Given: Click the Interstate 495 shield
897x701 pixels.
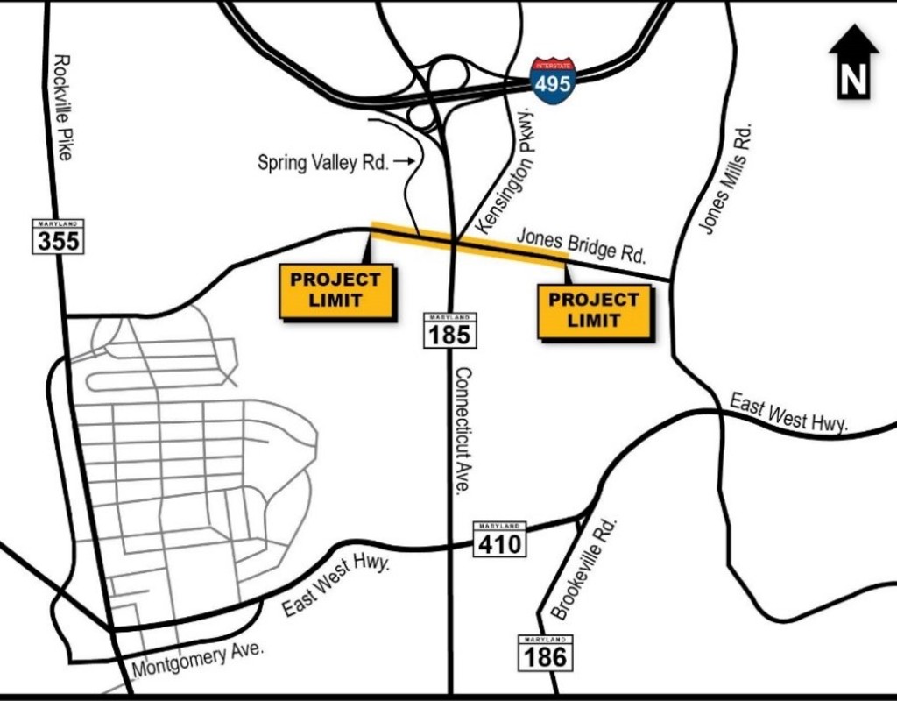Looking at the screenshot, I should tap(553, 81).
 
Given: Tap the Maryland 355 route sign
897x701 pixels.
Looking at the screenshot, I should tap(59, 237).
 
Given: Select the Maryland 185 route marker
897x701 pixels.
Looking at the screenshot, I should tap(450, 329).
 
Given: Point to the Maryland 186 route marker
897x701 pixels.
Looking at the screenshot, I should tap(546, 653).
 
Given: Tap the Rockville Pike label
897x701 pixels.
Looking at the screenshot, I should tap(62, 107).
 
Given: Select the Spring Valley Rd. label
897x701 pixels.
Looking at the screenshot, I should tap(322, 162).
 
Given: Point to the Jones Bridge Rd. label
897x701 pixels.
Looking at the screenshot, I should tap(581, 246).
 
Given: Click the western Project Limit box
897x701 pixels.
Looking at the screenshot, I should tap(335, 290).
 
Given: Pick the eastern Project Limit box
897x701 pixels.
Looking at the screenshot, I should tap(594, 310).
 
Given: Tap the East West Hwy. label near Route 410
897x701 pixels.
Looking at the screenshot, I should tap(336, 586).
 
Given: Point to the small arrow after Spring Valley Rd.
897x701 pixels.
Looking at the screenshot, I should tap(404, 161).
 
